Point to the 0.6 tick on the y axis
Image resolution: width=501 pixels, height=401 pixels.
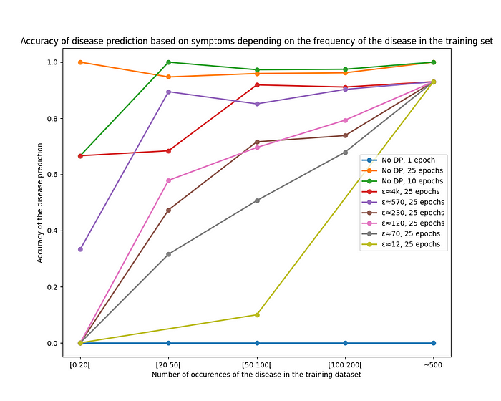click(51, 175)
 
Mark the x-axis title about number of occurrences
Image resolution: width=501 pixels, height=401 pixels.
click(256, 374)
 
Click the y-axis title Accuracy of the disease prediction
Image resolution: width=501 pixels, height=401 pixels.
click(41, 203)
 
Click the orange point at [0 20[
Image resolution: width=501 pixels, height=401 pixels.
click(80, 62)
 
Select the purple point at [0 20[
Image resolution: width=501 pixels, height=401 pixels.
click(80, 249)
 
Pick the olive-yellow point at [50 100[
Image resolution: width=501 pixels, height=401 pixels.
click(257, 314)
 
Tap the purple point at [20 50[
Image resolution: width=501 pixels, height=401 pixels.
click(168, 92)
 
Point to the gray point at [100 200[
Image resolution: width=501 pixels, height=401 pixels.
click(345, 153)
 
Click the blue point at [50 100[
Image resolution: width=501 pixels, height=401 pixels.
click(257, 343)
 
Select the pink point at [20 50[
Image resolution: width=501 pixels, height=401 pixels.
click(168, 180)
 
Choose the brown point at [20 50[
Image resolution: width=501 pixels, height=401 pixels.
click(168, 211)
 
